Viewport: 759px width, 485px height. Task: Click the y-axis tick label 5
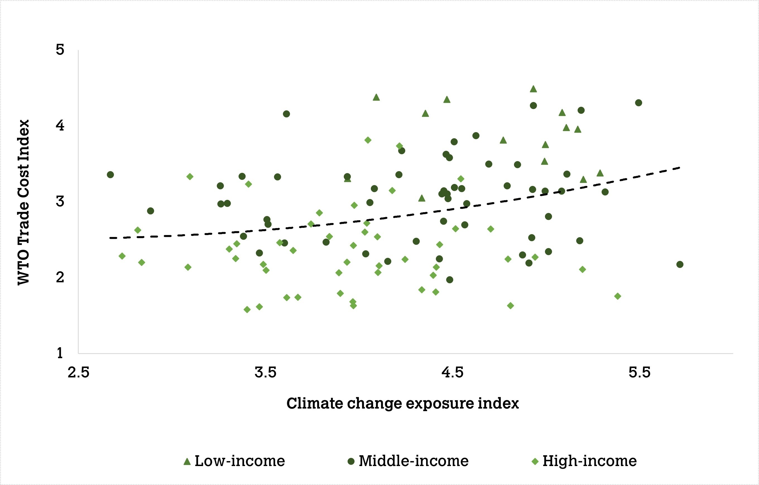click(60, 49)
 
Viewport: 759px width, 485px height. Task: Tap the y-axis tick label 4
click(60, 125)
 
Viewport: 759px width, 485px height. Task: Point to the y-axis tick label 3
click(60, 201)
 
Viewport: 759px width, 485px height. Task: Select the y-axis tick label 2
click(60, 277)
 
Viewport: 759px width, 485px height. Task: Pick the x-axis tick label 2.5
click(78, 373)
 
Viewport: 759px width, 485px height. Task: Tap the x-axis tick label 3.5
click(265, 373)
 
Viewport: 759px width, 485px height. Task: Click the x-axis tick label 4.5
click(452, 373)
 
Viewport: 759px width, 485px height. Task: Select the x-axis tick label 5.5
click(640, 373)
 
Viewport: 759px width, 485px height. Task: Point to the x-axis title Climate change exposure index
click(402, 404)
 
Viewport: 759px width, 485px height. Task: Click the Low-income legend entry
click(234, 461)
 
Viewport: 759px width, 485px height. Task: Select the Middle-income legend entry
click(408, 461)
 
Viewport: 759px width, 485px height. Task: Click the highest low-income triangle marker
click(533, 89)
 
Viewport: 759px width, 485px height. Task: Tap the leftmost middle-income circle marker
click(110, 175)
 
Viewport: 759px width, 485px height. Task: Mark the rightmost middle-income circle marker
click(680, 265)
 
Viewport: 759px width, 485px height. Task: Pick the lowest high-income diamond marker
click(247, 310)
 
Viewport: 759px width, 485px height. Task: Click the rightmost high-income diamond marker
click(618, 296)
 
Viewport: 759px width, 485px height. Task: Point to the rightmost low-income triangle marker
click(600, 173)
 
